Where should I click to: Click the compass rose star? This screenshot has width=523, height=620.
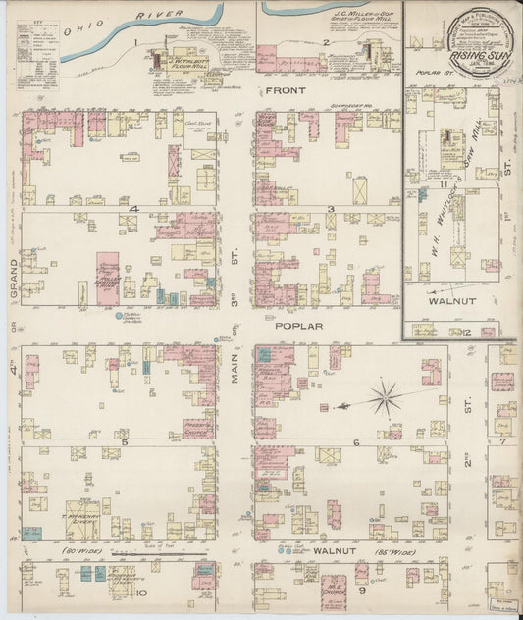pos(387,397)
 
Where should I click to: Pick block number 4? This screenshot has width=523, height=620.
pos(146,210)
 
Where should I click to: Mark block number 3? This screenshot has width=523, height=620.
pos(332,210)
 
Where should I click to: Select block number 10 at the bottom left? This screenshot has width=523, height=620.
pos(141,592)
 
